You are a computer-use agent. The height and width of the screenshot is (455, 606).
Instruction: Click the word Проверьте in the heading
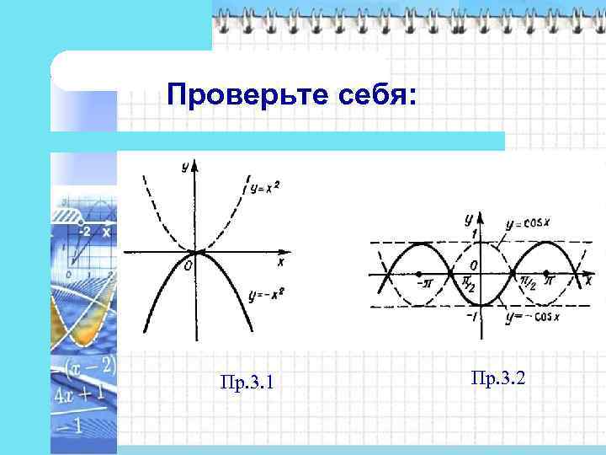[238, 94]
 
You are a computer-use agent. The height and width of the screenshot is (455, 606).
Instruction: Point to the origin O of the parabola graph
[188, 265]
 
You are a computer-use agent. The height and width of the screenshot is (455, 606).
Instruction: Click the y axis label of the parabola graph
[184, 167]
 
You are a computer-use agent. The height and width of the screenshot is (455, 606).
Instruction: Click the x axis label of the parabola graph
[280, 263]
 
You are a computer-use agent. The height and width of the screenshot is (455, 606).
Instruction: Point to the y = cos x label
[528, 224]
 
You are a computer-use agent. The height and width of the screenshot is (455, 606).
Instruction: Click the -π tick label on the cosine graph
[424, 287]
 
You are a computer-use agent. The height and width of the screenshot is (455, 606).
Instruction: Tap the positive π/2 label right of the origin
[528, 282]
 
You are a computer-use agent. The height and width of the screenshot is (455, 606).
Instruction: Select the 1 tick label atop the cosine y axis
[475, 233]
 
